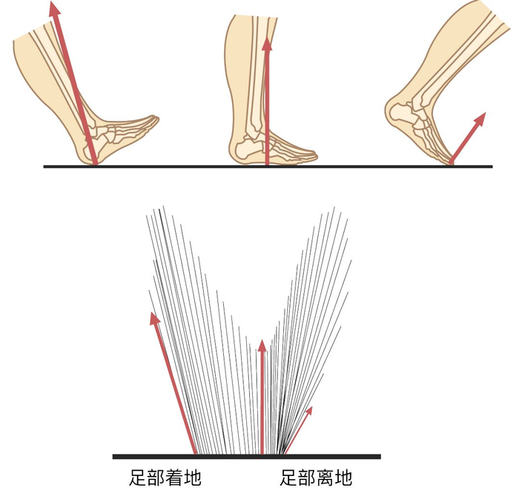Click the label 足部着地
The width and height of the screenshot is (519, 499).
[x=164, y=478]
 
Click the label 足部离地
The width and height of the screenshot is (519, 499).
[x=316, y=478]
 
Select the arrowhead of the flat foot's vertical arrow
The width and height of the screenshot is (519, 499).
[x=267, y=42]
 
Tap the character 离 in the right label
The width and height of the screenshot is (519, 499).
[x=325, y=478]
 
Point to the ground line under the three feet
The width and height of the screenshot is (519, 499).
[x=185, y=167]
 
